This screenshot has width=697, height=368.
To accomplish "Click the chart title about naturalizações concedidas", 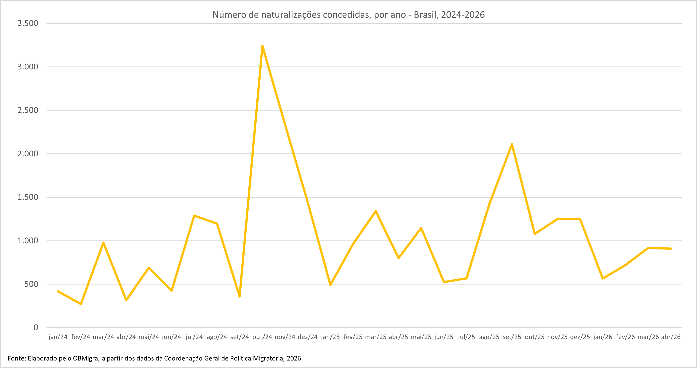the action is click(348, 15).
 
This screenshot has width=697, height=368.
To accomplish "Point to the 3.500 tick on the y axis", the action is click(28, 23).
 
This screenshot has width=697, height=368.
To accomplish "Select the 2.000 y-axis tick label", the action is click(28, 154).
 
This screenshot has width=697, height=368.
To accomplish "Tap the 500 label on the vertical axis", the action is click(31, 284).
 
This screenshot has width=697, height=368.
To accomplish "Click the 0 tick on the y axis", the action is click(36, 328).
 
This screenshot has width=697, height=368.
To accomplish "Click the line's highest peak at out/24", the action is click(262, 46).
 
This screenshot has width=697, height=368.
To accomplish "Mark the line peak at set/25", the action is click(512, 144).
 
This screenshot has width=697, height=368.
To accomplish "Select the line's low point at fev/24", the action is click(81, 304).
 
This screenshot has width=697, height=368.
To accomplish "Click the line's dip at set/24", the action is click(240, 296).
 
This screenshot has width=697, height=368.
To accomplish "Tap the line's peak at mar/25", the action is click(376, 211).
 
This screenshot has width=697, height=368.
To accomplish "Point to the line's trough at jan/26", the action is click(603, 278).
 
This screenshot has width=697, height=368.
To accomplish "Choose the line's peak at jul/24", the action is click(194, 216).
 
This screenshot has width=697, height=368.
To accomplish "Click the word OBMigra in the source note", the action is click(85, 358).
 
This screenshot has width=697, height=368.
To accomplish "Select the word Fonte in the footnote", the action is click(17, 358).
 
